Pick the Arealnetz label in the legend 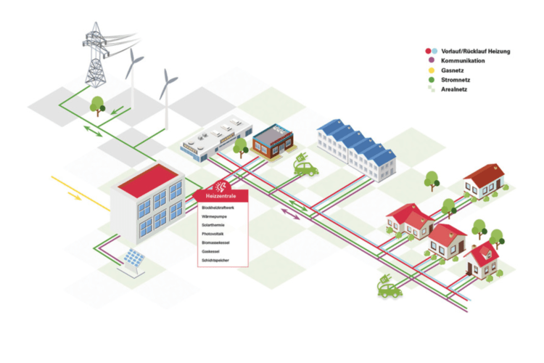[x=457, y=91]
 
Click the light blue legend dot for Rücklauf [x=434, y=51]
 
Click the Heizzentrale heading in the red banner [x=220, y=196]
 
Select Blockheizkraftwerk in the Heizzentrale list [x=218, y=208]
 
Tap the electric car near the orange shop [x=305, y=168]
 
